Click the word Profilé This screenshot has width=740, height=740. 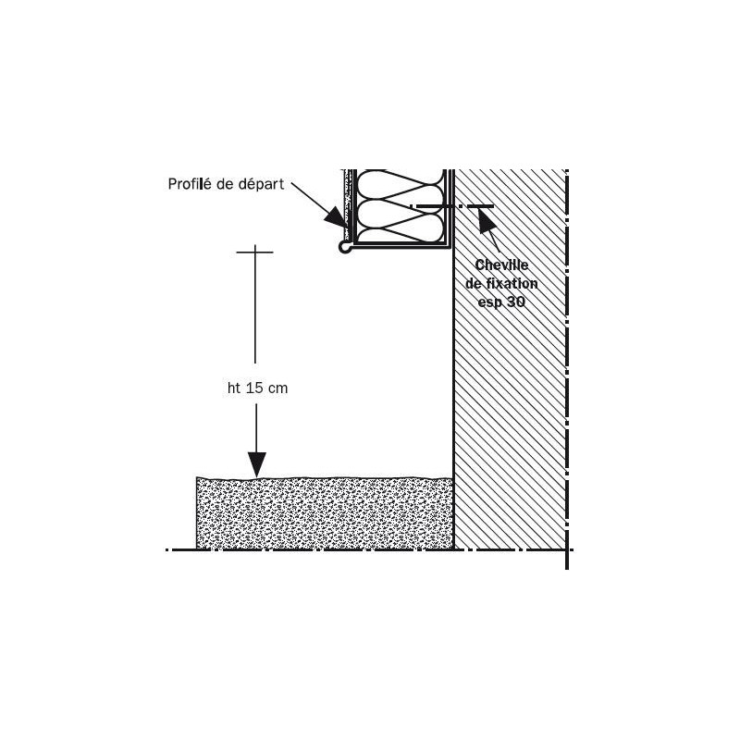tap(190, 183)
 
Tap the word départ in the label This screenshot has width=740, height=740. tap(261, 184)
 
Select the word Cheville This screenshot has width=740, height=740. tap(501, 265)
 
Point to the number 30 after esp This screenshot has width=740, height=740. tap(516, 302)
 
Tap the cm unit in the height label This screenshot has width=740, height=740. tap(278, 388)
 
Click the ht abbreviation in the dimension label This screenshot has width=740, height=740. tap(235, 388)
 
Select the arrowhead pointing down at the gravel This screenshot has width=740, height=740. tap(257, 464)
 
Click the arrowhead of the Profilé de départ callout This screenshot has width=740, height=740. tap(335, 218)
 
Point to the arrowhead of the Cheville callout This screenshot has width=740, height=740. tap(487, 220)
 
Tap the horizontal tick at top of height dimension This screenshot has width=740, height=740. tap(255, 252)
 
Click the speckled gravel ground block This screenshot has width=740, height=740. tap(325, 513)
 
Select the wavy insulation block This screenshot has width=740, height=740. tap(401, 206)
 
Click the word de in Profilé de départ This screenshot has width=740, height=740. tap(224, 184)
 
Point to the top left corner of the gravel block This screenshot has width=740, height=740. tap(196, 477)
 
